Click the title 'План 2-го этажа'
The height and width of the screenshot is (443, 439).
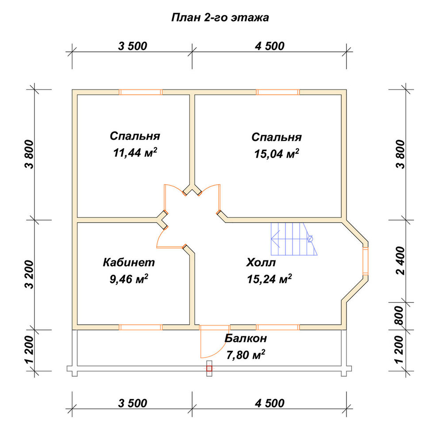point(220,18)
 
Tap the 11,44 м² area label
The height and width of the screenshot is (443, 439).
point(135,152)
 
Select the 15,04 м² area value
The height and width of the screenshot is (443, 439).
point(277,154)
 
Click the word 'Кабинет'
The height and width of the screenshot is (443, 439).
point(129,262)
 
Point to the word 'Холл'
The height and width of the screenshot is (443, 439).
point(261,262)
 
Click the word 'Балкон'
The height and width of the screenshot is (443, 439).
point(246,338)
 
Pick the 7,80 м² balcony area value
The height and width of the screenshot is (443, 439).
point(246,355)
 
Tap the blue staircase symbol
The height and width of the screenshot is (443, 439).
point(294,239)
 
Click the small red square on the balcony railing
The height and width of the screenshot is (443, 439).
point(209,369)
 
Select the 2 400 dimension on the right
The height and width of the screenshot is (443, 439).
point(400,261)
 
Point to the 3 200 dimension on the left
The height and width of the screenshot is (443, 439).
point(29,275)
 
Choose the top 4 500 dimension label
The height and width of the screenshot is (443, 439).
point(270,46)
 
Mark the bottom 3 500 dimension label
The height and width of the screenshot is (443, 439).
point(133,403)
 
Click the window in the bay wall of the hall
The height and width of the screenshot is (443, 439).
point(365,261)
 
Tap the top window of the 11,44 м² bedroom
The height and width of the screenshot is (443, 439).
point(141,92)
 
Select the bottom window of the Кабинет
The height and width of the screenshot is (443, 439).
point(141,327)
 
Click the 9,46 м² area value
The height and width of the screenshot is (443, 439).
point(129,279)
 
